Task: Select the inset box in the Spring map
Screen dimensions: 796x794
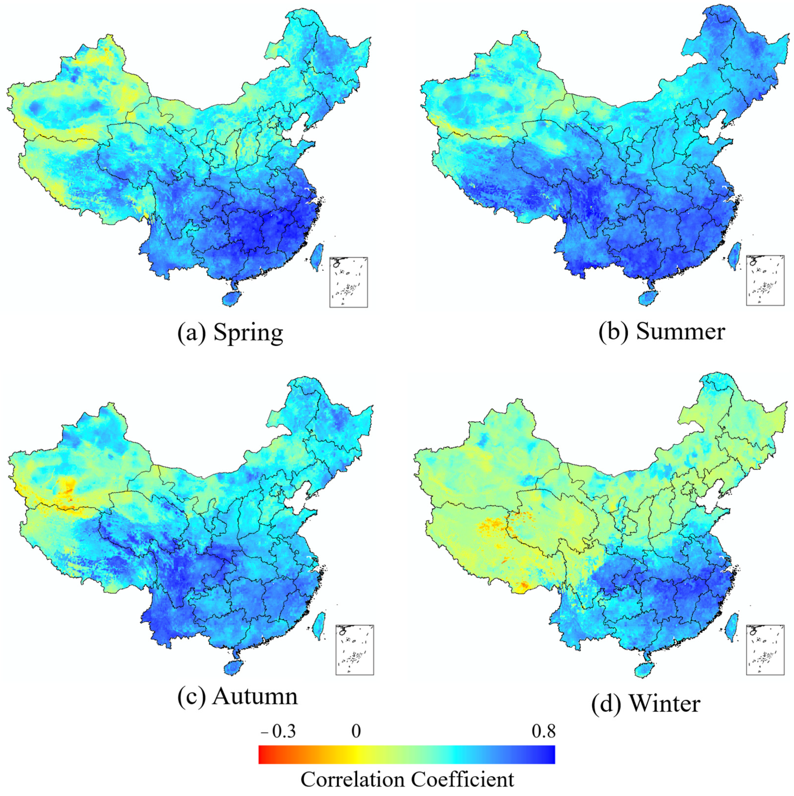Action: [348, 282]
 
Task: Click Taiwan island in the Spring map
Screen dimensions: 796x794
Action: [317, 256]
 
